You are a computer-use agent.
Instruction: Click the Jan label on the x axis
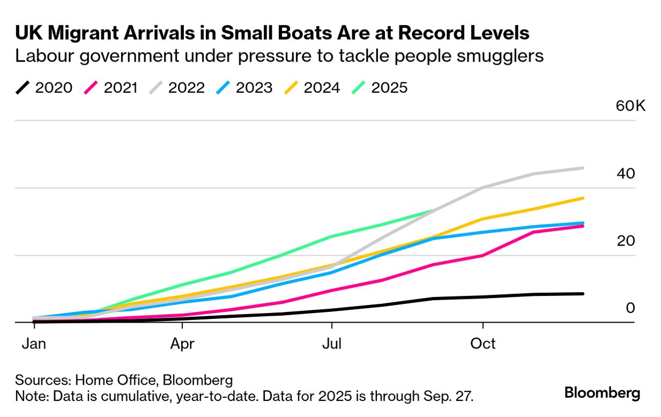point(33,344)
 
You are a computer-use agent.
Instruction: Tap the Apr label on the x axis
point(182,344)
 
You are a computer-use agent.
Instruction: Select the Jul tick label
point(332,344)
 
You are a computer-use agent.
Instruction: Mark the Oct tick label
point(483,344)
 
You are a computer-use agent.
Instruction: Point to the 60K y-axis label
point(630,106)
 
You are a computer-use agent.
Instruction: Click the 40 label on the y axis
point(626,174)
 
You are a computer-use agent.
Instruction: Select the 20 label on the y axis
point(626,241)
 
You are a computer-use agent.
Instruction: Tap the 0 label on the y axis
point(630,308)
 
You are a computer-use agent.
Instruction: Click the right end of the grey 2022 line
point(583,168)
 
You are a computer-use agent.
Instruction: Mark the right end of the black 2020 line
point(583,294)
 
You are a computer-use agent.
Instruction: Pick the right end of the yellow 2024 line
point(583,198)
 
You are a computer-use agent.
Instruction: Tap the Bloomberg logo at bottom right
point(602,393)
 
